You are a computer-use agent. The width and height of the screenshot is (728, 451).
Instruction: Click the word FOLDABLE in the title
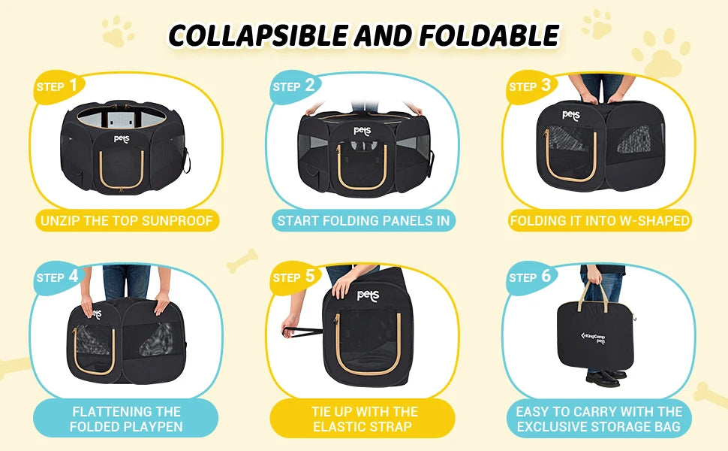489,35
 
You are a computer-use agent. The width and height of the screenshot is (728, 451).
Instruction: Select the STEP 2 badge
294,86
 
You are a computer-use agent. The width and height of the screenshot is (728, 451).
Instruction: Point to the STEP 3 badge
530,86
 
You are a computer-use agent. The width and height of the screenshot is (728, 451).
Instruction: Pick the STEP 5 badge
294,277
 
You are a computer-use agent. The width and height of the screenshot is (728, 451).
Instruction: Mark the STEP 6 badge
530,277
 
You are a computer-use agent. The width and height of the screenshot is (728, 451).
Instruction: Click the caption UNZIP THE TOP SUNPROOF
126,221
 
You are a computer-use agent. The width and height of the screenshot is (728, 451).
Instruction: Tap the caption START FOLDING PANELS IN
363,221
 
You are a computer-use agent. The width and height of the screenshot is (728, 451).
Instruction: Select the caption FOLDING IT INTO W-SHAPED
600,221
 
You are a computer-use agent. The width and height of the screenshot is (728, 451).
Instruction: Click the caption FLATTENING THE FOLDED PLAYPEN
126,419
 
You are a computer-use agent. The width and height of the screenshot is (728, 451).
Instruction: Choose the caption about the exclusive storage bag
599,419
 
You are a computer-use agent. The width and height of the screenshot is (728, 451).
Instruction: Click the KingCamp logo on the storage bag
594,337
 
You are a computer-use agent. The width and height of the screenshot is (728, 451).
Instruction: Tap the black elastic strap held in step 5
302,331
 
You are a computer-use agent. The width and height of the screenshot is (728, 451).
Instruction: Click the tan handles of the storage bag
594,295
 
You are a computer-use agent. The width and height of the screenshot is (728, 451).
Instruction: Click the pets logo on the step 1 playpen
122,138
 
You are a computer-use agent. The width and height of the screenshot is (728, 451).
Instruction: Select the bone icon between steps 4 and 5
242,260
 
